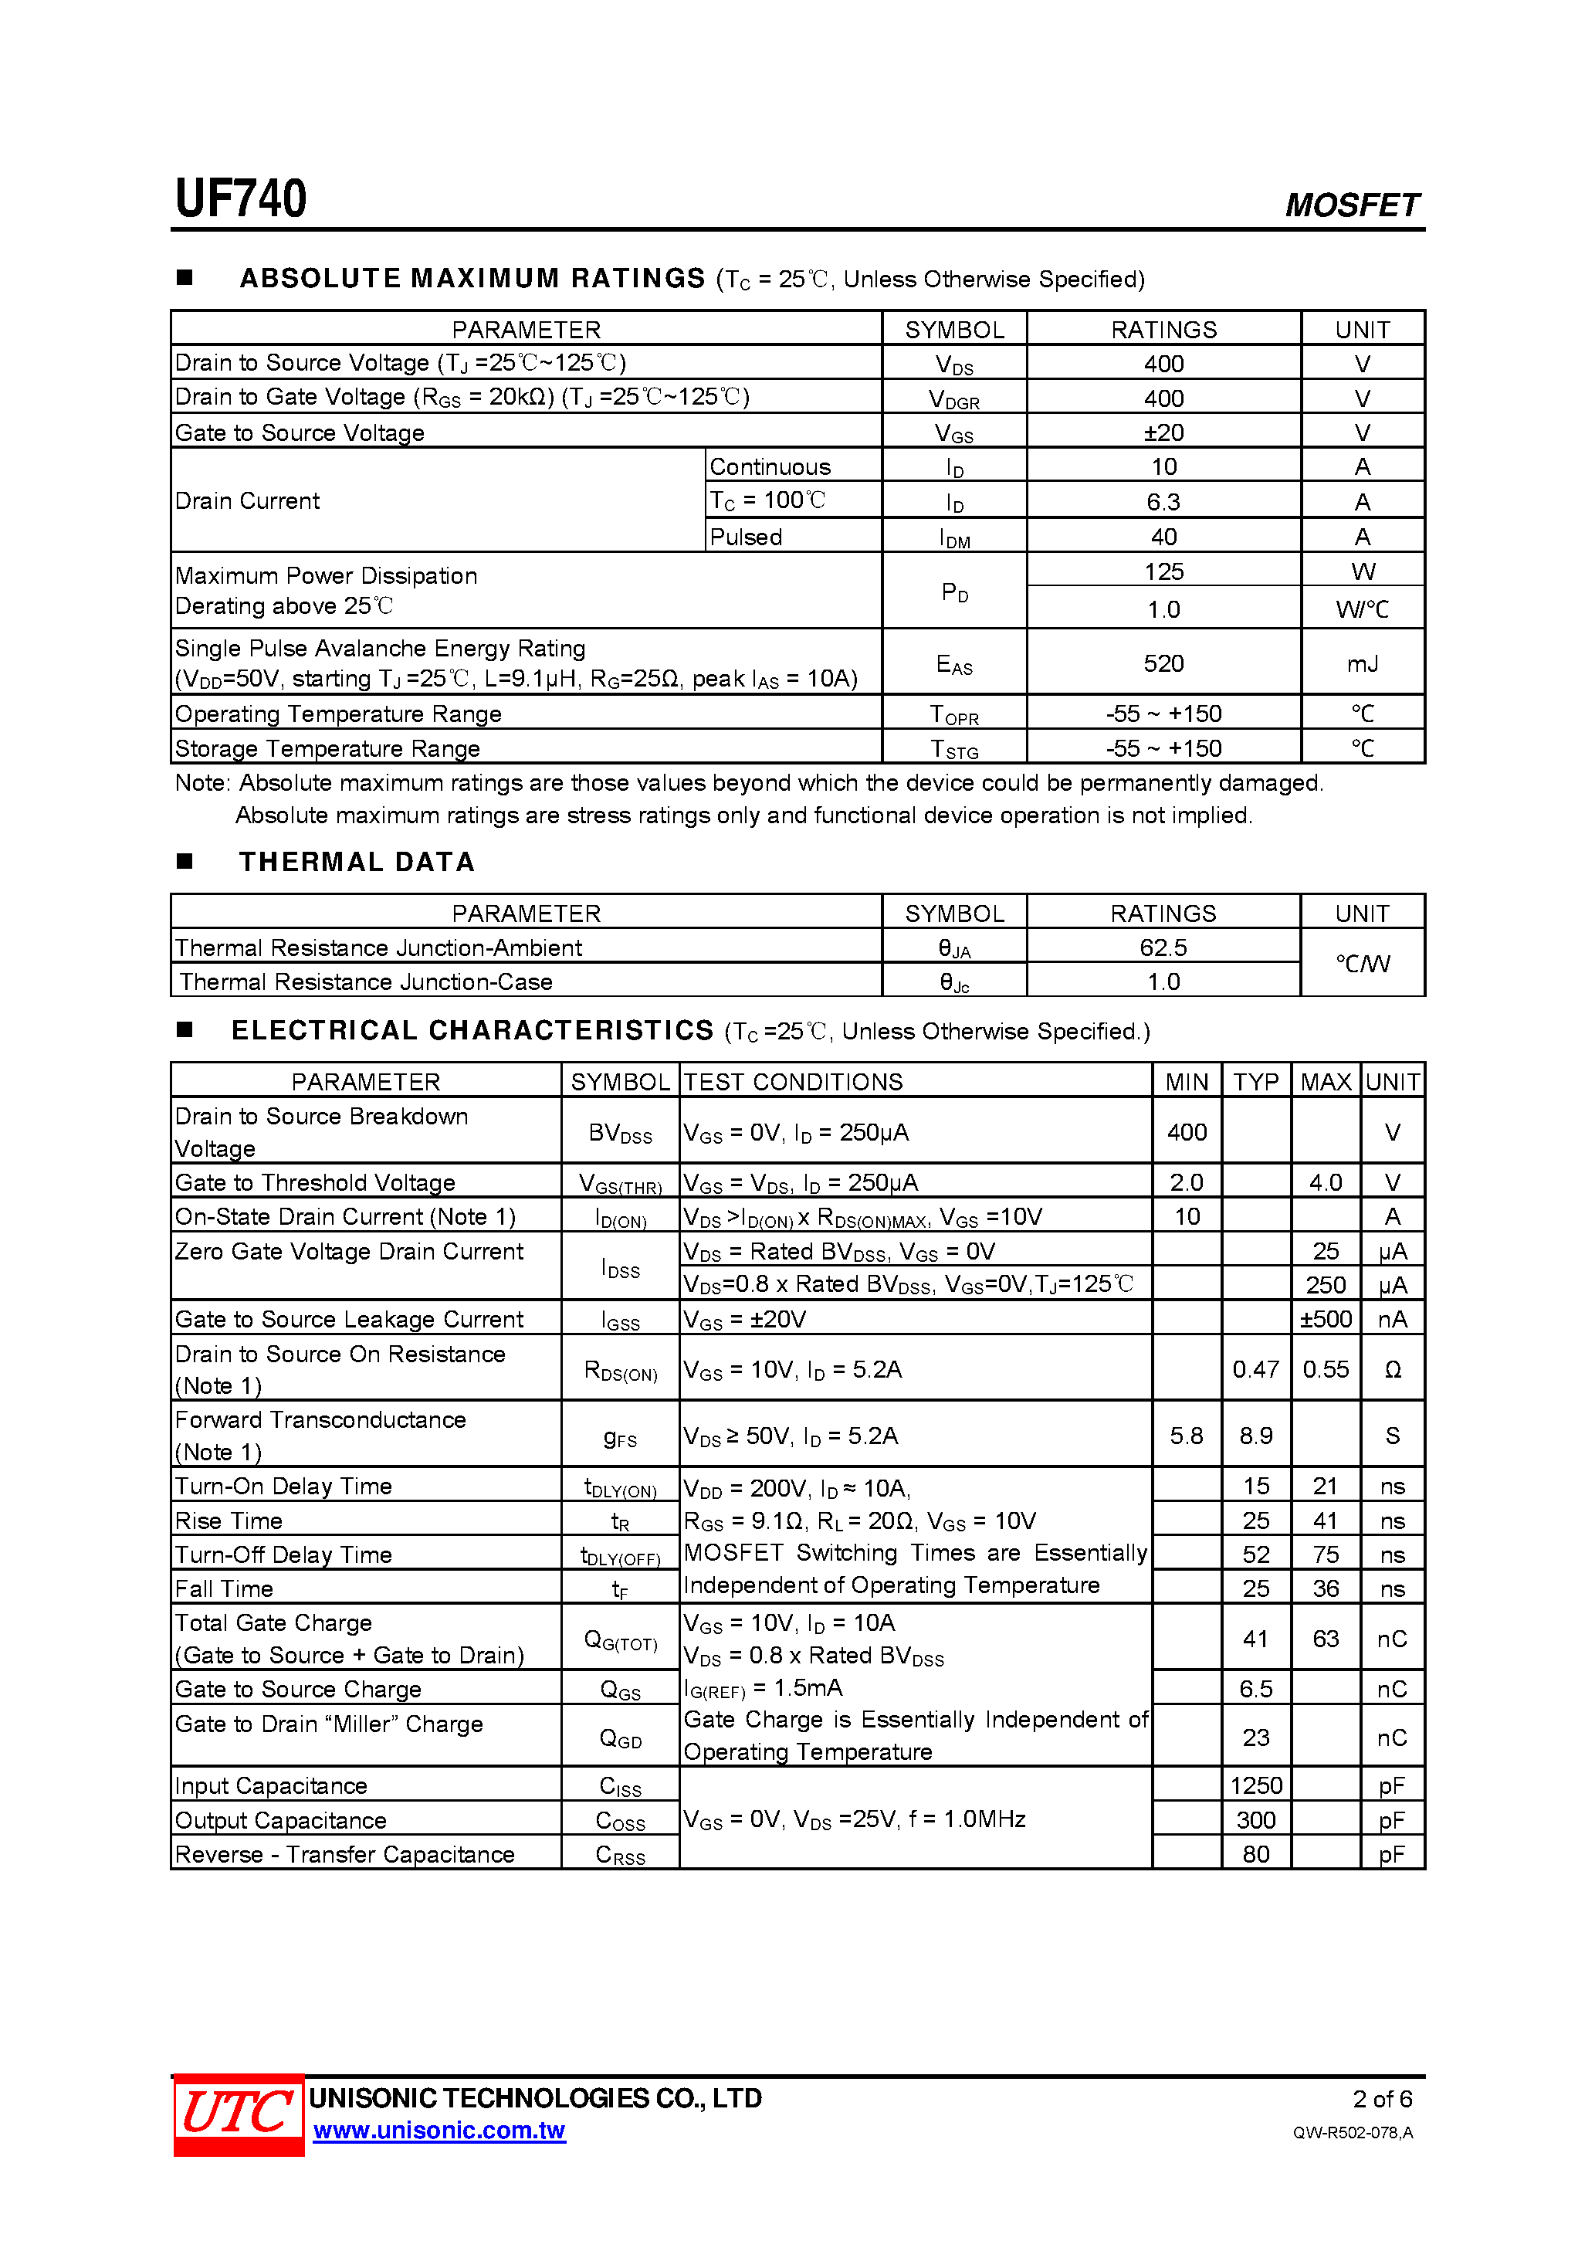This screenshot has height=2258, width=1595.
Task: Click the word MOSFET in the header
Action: [x=1351, y=205]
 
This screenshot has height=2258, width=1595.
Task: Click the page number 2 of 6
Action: [x=1382, y=2099]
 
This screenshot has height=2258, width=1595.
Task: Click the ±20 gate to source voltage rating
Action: [x=1163, y=432]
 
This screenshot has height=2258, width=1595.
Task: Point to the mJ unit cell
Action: [x=1362, y=664]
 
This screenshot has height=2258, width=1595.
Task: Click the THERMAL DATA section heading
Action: [x=357, y=862]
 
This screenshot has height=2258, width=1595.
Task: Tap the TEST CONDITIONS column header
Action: [x=793, y=1082]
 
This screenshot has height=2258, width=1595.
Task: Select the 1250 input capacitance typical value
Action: [x=1256, y=1785]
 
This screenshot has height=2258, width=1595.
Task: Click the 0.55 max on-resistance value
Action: [x=1325, y=1369]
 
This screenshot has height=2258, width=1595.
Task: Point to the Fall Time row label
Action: [x=224, y=1588]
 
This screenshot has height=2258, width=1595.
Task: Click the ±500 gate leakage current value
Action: [x=1325, y=1319]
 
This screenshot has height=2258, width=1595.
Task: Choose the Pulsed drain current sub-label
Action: [x=745, y=537]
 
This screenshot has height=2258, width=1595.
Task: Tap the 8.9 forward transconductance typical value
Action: [x=1256, y=1436]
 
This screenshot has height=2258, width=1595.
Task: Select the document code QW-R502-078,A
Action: [x=1352, y=2132]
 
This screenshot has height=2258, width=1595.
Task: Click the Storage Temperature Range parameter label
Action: [x=327, y=748]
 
